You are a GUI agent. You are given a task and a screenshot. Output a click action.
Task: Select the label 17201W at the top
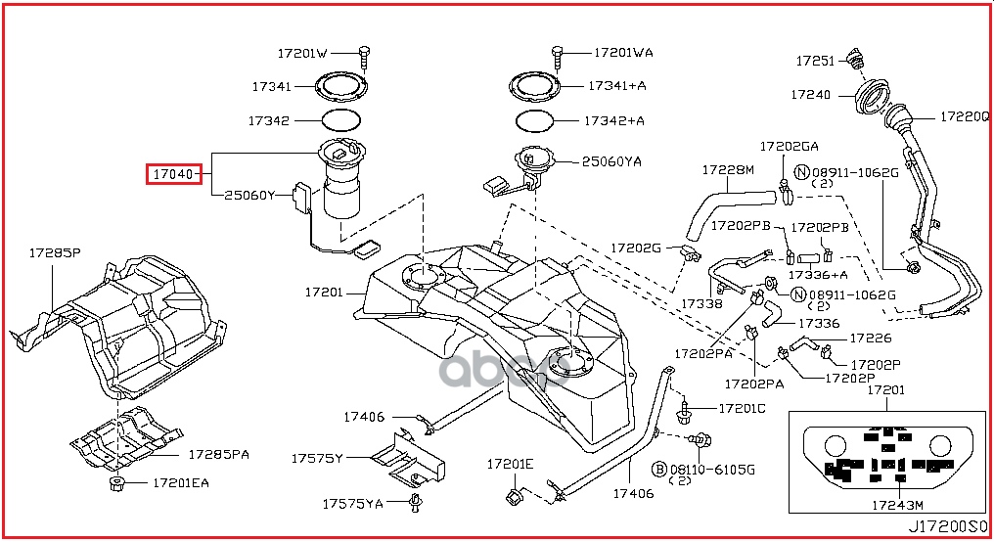302,53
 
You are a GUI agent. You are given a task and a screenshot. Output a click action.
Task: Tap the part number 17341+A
617,86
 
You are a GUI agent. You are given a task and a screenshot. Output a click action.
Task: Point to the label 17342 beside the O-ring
269,121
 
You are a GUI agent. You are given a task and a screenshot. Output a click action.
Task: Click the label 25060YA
611,161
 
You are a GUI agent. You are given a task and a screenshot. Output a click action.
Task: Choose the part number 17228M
728,170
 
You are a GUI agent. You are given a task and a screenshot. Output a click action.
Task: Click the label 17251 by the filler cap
814,61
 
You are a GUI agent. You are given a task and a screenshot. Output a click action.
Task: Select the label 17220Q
967,115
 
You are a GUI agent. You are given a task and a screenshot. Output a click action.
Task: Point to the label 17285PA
219,455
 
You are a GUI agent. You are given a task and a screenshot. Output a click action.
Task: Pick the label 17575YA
354,504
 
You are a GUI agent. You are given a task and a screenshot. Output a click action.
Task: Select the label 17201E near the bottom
511,464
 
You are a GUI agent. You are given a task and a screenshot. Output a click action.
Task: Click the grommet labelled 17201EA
116,483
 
